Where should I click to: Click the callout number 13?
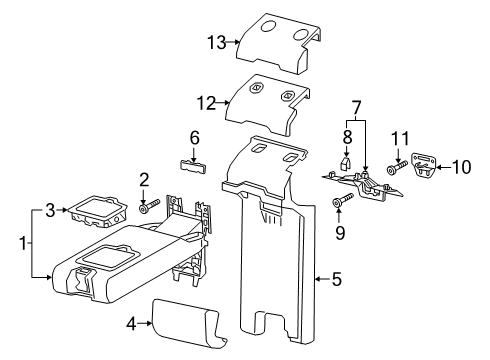click(x=217, y=43)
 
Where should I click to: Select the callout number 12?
click(x=207, y=103)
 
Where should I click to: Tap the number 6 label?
click(x=195, y=138)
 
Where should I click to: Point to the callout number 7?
click(x=356, y=108)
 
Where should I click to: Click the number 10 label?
click(x=462, y=167)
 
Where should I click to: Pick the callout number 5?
click(x=337, y=279)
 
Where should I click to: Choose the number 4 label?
click(x=132, y=323)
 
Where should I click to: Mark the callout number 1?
click(x=23, y=243)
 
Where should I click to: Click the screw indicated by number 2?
click(x=149, y=205)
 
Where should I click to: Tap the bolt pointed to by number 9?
click(x=343, y=200)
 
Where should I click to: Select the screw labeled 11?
click(x=397, y=167)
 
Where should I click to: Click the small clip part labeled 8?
click(x=345, y=163)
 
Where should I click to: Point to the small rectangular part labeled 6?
click(x=193, y=166)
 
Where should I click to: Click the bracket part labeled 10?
click(x=424, y=165)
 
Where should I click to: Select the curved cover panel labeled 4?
click(x=189, y=324)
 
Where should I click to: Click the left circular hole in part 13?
click(x=268, y=26)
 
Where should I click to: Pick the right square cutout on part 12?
click(x=287, y=96)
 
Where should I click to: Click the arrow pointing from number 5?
click(x=323, y=279)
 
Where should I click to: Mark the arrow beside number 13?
click(x=234, y=42)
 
